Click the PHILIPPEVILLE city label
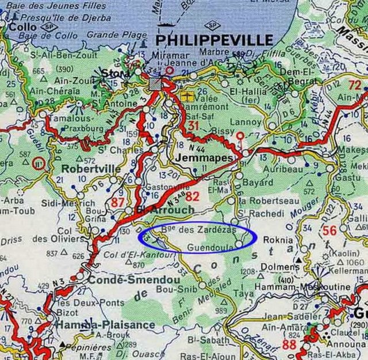(214, 40)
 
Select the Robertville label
(84, 170)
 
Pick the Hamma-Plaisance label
(105, 325)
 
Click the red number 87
(118, 202)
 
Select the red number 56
(329, 231)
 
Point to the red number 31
(193, 126)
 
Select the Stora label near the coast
(112, 72)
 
